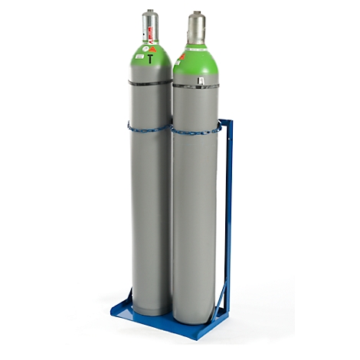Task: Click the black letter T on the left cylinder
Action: pyautogui.click(x=150, y=57)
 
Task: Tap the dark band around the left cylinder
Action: pyautogui.click(x=149, y=81)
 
